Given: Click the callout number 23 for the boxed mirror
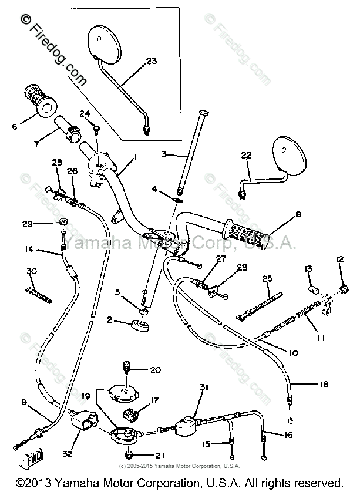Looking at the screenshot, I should [152, 61].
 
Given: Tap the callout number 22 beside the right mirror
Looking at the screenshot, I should [247, 155].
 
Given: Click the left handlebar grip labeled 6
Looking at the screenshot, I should [40, 100].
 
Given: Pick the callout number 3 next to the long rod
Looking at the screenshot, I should [164, 154].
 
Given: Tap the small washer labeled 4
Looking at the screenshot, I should [177, 198].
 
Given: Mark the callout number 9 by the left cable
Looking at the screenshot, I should [24, 402].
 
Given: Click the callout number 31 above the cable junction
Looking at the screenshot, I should [204, 386].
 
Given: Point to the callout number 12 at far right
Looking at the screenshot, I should [339, 259].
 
